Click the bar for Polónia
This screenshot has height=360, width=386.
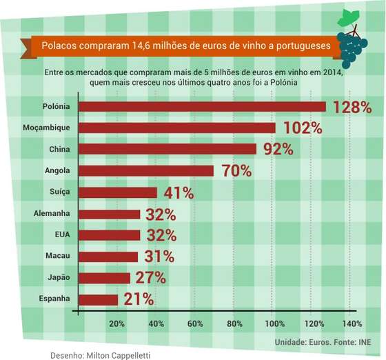[203, 107]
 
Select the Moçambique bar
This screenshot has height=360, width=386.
[177, 128]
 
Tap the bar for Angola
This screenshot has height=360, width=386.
[146, 171]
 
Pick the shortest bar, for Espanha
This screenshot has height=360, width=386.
[99, 300]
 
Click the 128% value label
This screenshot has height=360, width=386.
[352, 108]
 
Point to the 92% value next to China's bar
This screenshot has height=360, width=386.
[278, 149]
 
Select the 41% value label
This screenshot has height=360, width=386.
[179, 193]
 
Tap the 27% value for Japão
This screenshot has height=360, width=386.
[151, 278]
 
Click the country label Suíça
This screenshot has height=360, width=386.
[59, 192]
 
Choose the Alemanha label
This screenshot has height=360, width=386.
[52, 213]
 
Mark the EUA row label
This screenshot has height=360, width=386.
[63, 234]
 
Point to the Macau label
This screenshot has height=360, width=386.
[58, 256]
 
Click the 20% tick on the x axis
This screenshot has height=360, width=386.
[116, 323]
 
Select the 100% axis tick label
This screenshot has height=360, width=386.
[275, 323]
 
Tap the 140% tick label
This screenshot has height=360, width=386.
[352, 323]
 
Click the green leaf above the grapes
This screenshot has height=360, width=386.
[348, 18]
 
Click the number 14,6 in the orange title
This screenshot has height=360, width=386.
[141, 46]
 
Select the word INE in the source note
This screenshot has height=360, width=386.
[365, 342]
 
